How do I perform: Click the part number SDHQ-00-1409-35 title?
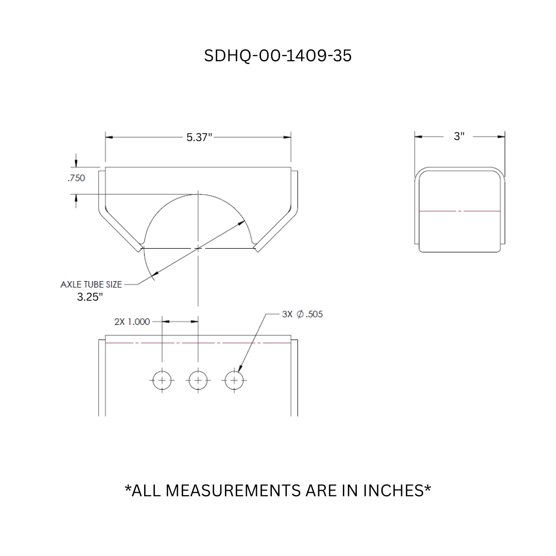coord(278,56)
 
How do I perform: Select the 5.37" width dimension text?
coord(199,137)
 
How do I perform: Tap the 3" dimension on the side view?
coord(459,136)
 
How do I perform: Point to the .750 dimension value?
coord(76,178)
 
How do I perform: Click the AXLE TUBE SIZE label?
coord(91,284)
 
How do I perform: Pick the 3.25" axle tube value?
coord(90,298)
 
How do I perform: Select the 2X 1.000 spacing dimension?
coord(132,322)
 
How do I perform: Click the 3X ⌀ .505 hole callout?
coord(303,314)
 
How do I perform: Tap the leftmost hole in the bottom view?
coord(162,380)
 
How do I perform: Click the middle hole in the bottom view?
coord(198,380)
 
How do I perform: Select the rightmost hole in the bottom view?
coord(234,380)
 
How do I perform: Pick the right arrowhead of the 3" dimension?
coord(501,136)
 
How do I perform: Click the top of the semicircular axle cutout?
coord(198,195)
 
